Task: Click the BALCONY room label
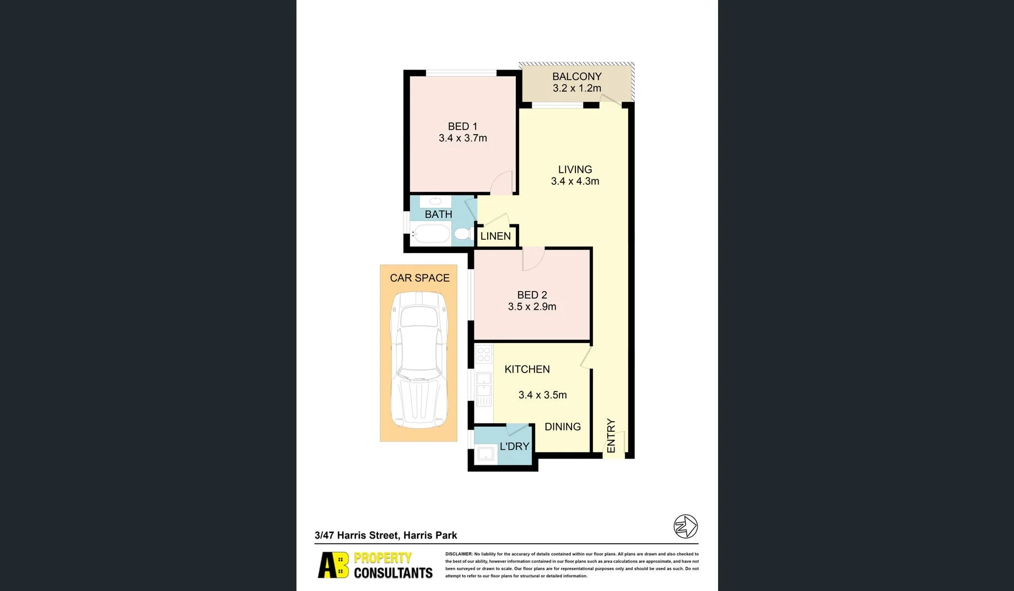576,77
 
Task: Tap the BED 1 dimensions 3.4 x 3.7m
462,138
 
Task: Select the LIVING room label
575,170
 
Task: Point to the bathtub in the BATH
431,234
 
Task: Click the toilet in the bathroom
462,234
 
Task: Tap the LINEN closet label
495,236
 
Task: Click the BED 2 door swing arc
533,260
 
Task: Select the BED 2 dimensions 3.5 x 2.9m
532,307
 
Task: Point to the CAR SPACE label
419,278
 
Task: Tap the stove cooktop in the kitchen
484,354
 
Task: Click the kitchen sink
484,384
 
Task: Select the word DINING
562,427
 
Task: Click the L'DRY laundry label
514,447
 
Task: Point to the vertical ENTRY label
611,436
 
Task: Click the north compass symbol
686,526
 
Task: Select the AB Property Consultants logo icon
333,565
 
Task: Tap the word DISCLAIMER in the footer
459,554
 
